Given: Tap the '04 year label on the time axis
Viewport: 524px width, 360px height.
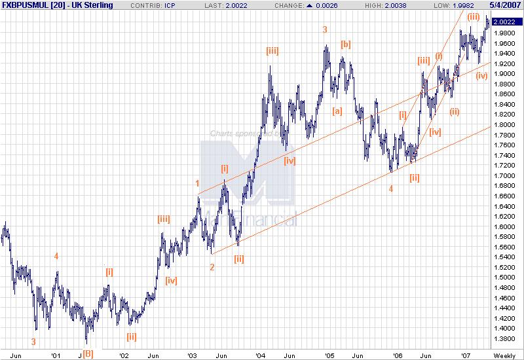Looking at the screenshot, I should click(261, 355).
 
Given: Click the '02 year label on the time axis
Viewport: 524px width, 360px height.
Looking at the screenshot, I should click(123, 355).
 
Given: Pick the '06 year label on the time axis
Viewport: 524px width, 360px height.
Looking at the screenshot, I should click(398, 355).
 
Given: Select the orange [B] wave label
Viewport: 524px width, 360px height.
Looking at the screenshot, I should click(88, 354).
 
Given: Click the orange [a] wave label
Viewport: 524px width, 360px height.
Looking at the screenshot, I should click(337, 111).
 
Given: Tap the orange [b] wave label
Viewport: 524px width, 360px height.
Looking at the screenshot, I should click(346, 45).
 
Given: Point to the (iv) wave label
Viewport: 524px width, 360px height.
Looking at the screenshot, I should click(482, 76).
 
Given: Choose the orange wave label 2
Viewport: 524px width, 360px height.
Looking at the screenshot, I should click(212, 266).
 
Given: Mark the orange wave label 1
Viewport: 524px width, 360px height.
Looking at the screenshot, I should click(197, 183).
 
